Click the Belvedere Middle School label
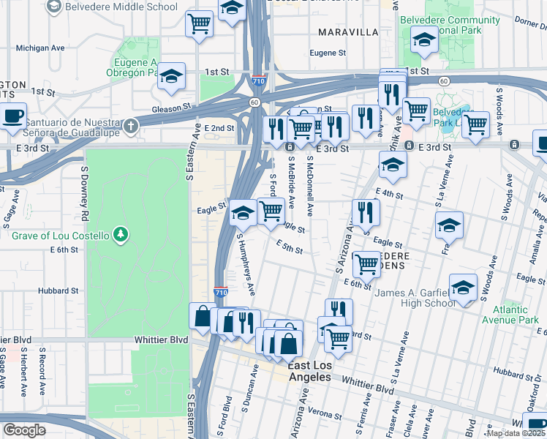pyautogui.click(x=121, y=7)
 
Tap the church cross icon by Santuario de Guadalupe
pyautogui.click(x=129, y=125)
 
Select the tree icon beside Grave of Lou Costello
pyautogui.click(x=120, y=235)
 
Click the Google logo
pyautogui.click(x=24, y=429)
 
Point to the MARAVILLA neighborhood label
pyautogui.click(x=348, y=32)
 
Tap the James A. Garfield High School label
pyautogui.click(x=415, y=299)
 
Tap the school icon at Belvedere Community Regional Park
pyautogui.click(x=423, y=40)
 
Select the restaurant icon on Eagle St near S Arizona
pyautogui.click(x=366, y=213)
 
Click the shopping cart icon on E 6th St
pyautogui.click(x=366, y=264)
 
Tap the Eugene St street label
pyautogui.click(x=328, y=53)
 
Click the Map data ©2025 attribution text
pyautogui.click(x=516, y=433)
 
